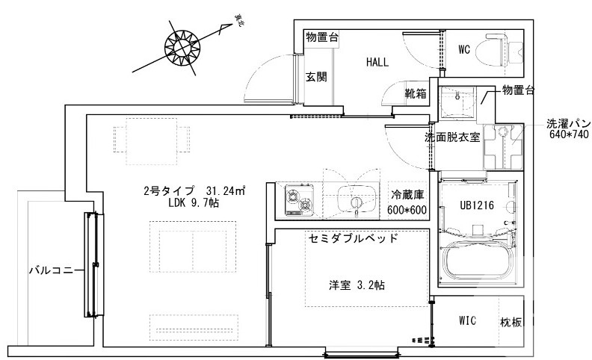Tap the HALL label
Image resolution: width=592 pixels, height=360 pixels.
(377, 63)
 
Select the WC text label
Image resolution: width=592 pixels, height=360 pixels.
(464, 51)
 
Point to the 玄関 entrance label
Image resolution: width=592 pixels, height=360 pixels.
(315, 77)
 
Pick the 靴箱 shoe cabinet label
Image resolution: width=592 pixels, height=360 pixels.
(416, 94)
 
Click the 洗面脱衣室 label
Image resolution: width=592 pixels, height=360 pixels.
(451, 138)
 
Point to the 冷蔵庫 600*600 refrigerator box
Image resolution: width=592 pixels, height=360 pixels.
(407, 202)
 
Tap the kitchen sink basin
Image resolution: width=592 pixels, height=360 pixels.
(353, 200)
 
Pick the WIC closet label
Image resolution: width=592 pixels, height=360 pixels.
(469, 321)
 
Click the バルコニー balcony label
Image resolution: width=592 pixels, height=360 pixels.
(51, 270)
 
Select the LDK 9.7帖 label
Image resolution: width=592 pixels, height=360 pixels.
(194, 202)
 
